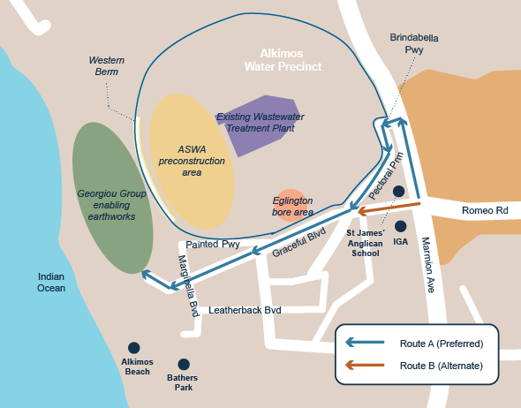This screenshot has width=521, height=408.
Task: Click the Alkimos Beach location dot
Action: coord(134,348)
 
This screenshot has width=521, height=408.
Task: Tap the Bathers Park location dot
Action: coord(184,364)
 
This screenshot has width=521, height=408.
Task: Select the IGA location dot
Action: coord(400,226)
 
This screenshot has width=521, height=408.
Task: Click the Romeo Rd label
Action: coord(485,210)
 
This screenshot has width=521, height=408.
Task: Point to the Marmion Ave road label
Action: coord(428,264)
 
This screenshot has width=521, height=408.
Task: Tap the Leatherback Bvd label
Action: coord(245,310)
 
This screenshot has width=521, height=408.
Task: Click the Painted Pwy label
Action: coord(213,245)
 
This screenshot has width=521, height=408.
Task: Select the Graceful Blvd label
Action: coord(298,242)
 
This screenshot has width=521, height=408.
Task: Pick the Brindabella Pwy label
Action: coord(414,43)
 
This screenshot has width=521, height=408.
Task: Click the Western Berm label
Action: coord(107,65)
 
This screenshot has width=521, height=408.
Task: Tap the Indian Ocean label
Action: coord(51,282)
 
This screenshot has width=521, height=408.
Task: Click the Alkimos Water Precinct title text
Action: coord(283,60)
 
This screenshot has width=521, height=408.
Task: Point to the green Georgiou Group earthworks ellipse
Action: coord(113,198)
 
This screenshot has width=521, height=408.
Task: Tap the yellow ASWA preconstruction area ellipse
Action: coord(192,162)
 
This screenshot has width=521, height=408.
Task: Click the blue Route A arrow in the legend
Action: coord(365,343)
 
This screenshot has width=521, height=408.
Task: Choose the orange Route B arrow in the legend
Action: coord(365,365)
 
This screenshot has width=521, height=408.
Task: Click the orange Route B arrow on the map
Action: coord(389,208)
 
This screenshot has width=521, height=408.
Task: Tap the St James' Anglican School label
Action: coord(366,243)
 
